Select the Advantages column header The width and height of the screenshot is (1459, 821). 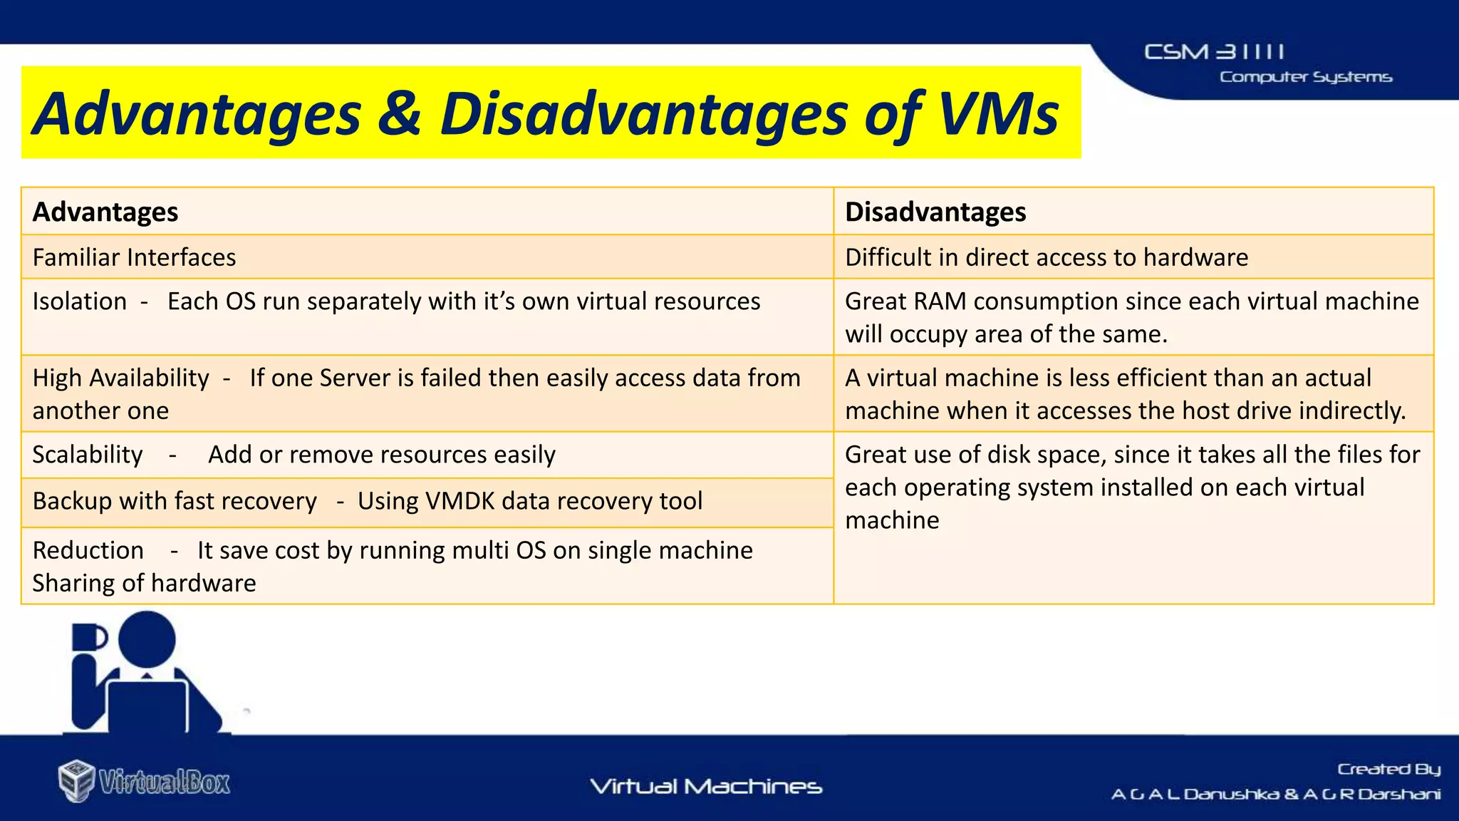coord(105,212)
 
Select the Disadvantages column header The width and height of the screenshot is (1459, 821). coord(935,212)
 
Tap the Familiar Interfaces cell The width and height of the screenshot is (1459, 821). coord(134,257)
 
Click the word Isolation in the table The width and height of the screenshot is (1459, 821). coord(79,301)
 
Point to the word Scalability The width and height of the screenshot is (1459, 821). coord(88,455)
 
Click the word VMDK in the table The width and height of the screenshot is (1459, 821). coord(459,501)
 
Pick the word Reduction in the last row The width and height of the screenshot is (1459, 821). coord(88,550)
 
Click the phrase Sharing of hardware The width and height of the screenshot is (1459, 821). coord(144,583)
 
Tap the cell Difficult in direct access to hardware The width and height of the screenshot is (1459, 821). coord(1046,257)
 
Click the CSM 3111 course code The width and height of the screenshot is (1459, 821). coord(1214,52)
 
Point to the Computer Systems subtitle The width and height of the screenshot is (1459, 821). coord(1305,77)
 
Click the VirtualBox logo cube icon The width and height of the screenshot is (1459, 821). coord(76,781)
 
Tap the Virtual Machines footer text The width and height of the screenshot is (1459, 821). coord(706,787)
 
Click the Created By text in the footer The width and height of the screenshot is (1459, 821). coord(1388,769)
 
